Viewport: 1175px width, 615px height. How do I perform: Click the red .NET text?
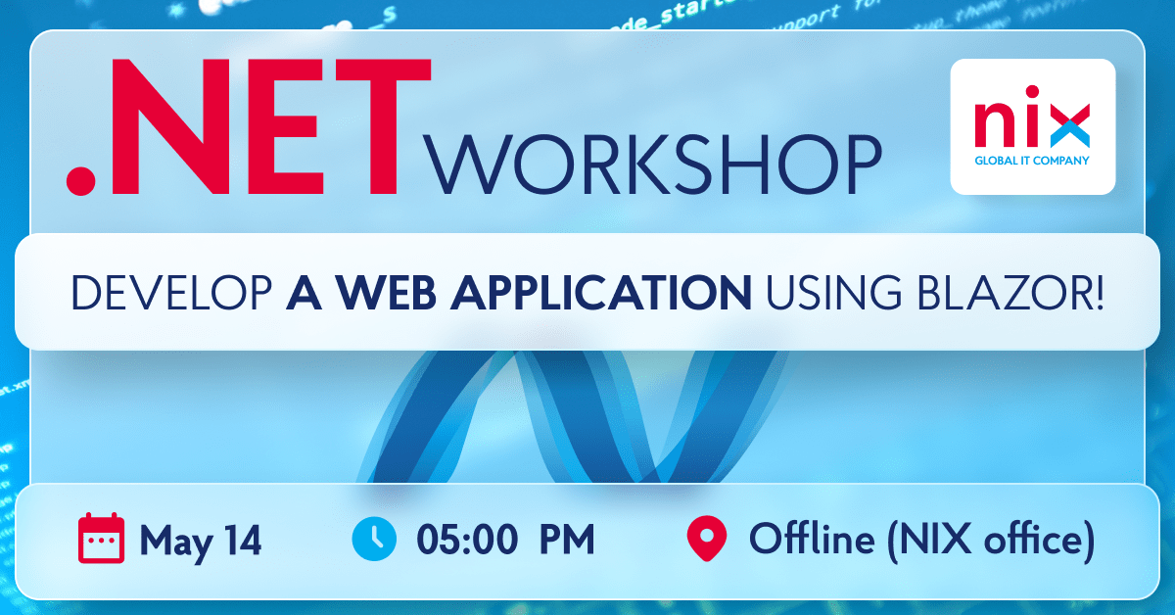point(250,126)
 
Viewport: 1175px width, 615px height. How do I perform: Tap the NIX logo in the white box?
point(1033,123)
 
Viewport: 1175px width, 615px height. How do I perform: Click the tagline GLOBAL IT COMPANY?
point(1033,161)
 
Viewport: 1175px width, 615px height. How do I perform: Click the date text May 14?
point(201,540)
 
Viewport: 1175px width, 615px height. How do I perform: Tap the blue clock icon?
point(373,538)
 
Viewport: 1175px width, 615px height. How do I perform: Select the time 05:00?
point(466,540)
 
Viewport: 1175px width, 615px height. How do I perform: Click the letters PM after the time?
point(567,540)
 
